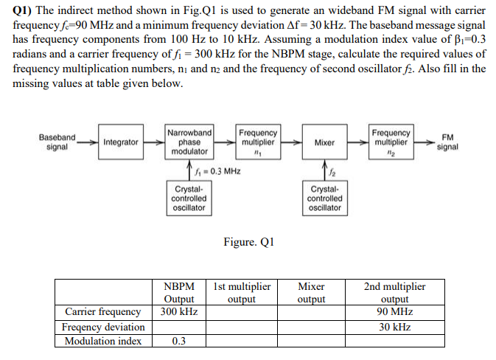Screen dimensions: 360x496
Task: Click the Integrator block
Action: pyautogui.click(x=121, y=142)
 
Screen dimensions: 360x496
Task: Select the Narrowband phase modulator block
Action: pyautogui.click(x=189, y=142)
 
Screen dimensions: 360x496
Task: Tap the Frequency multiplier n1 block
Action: pyautogui.click(x=258, y=142)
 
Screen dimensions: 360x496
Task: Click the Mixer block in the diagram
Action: pyautogui.click(x=324, y=142)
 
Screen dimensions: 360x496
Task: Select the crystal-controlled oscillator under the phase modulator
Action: pyautogui.click(x=189, y=198)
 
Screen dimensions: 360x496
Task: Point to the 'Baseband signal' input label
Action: pyautogui.click(x=57, y=142)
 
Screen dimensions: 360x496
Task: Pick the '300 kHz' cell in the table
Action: pyautogui.click(x=178, y=312)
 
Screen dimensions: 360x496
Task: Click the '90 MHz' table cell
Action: pyautogui.click(x=395, y=312)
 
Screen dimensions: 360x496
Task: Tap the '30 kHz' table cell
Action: pyautogui.click(x=395, y=326)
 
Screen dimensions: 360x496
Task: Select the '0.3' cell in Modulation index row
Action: pyautogui.click(x=178, y=341)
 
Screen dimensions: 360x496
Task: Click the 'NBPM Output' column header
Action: pyautogui.click(x=178, y=292)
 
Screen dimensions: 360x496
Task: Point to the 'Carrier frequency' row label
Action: pyautogui.click(x=103, y=312)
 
